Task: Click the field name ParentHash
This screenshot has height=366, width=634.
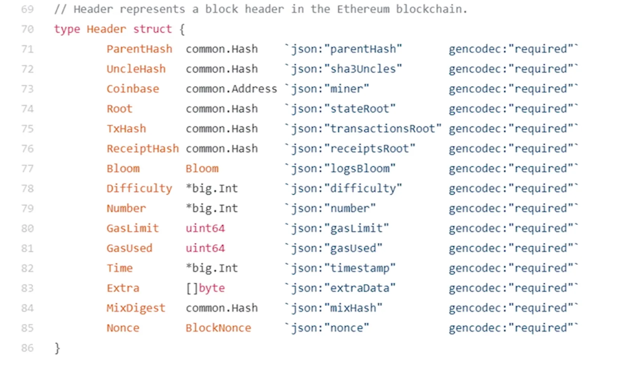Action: (139, 49)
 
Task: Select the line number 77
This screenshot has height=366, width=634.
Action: (27, 169)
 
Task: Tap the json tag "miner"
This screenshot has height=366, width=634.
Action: (330, 89)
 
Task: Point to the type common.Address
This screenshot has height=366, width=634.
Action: (231, 89)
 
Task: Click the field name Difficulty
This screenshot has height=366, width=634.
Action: (139, 189)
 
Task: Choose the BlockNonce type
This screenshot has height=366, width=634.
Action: (218, 328)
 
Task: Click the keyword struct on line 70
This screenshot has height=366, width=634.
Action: (152, 29)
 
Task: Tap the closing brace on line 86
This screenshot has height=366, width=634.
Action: (57, 348)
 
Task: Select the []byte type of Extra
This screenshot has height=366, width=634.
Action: (205, 288)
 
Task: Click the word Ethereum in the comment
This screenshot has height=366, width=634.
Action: (363, 9)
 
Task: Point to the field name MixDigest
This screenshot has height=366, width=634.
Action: (136, 308)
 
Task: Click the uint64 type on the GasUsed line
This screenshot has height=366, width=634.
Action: (205, 248)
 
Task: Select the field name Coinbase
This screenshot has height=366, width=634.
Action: (133, 89)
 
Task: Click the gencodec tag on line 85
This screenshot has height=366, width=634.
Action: (513, 328)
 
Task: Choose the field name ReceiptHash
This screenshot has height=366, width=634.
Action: (143, 149)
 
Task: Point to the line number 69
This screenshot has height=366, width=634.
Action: (27, 9)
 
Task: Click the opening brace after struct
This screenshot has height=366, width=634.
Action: (182, 29)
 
